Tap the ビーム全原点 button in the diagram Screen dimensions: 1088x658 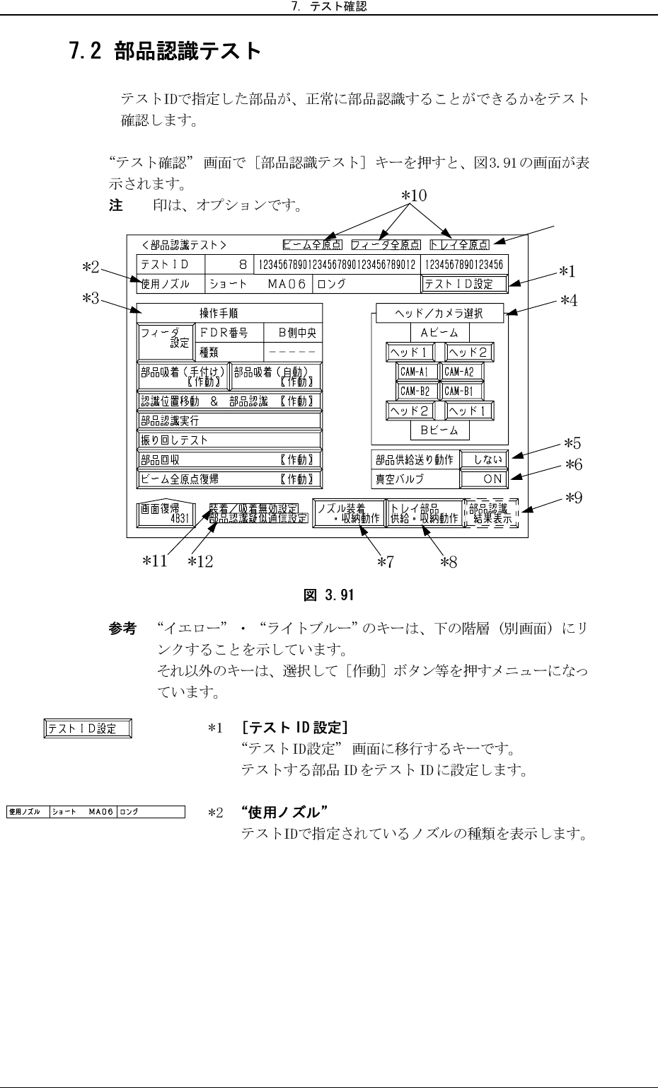(313, 245)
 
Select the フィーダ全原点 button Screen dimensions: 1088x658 (386, 245)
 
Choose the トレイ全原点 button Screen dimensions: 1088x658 (460, 245)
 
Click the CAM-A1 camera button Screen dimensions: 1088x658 (417, 372)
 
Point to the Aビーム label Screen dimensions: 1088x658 (439, 333)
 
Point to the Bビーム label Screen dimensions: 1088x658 (439, 430)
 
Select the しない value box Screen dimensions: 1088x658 (483, 459)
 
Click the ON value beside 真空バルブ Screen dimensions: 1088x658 (483, 479)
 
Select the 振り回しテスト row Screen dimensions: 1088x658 (229, 440)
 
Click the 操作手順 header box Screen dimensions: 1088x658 (229, 313)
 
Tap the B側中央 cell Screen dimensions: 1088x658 (292, 332)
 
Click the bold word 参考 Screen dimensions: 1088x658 (122, 629)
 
